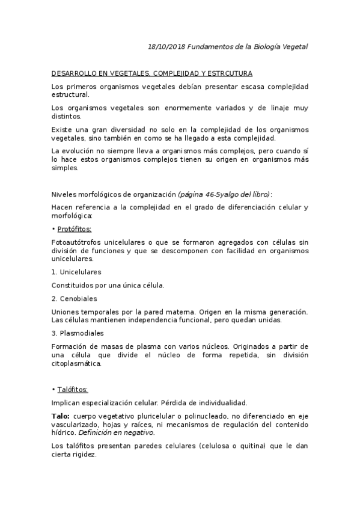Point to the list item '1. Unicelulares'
[76, 272]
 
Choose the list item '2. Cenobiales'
[75, 298]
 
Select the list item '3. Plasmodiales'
[78, 333]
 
